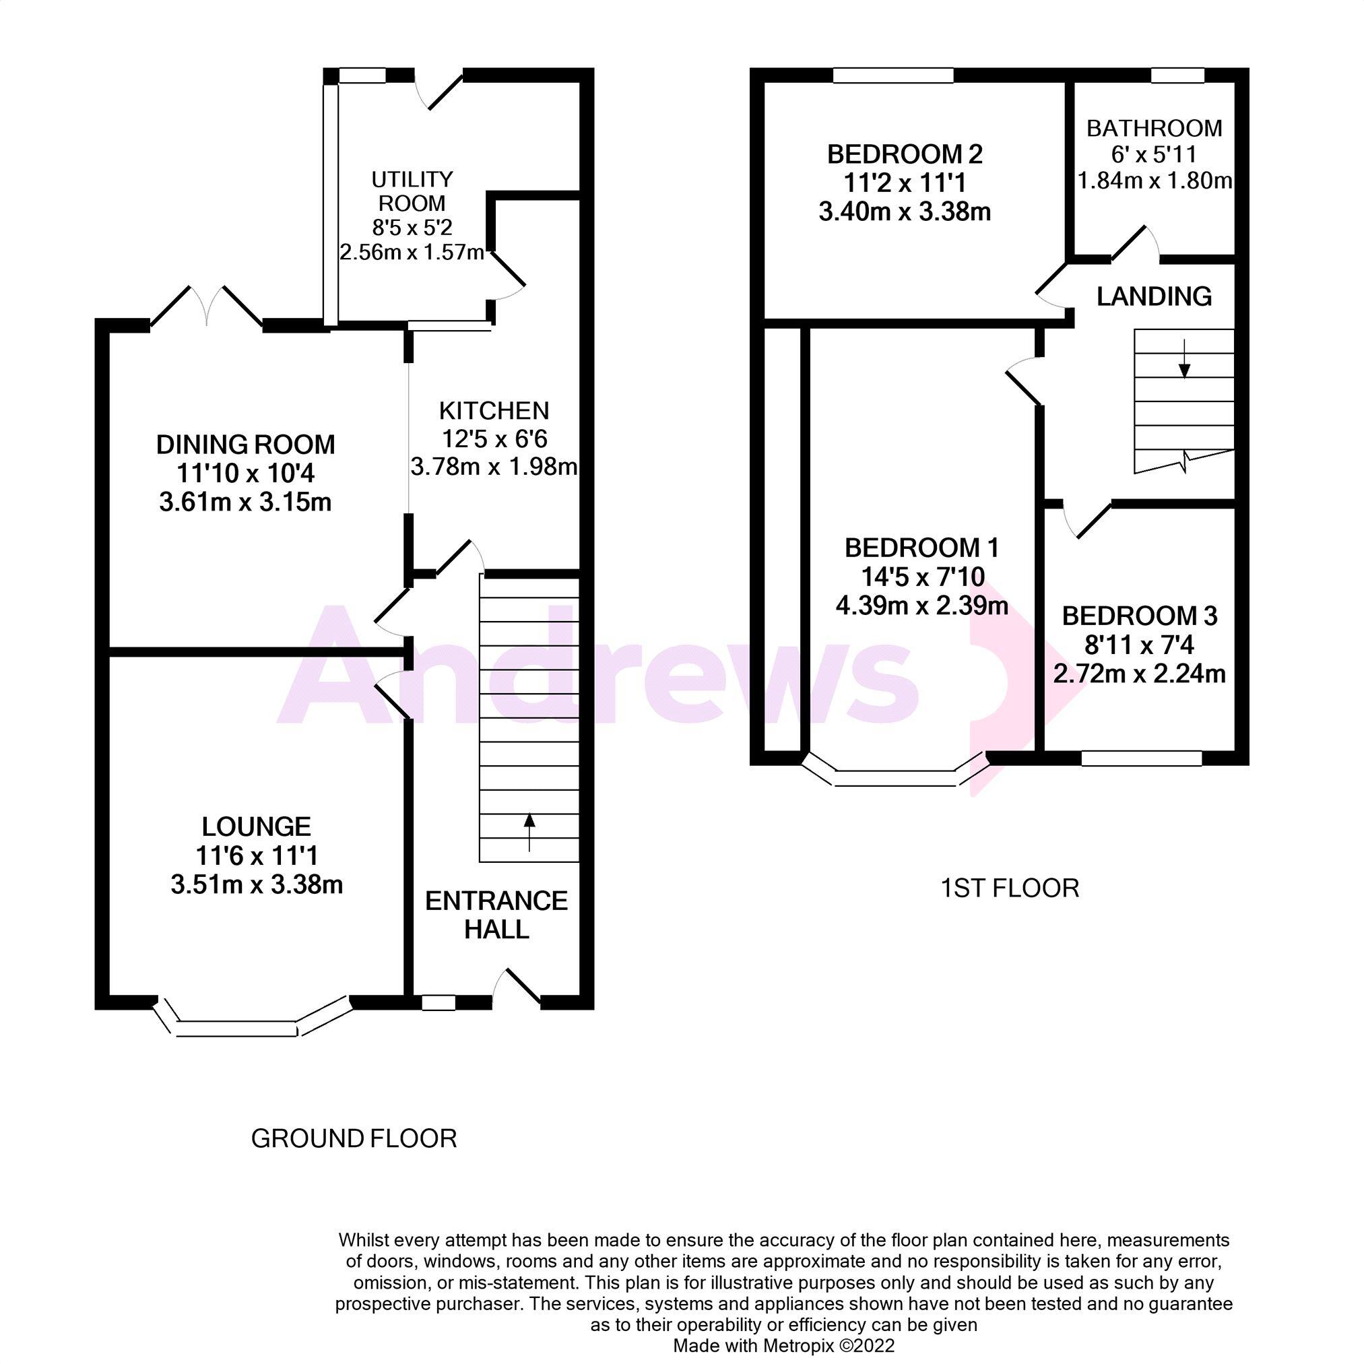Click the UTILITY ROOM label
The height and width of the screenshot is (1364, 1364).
[412, 191]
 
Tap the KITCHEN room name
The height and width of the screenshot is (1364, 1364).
[494, 411]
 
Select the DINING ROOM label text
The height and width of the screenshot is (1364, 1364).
[245, 445]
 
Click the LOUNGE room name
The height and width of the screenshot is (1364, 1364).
[256, 826]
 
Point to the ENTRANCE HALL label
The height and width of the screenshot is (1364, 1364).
[496, 915]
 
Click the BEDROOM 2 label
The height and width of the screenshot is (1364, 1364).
[905, 154]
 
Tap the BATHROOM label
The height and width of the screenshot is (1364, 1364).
[1154, 129]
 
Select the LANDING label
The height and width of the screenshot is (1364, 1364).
[1154, 296]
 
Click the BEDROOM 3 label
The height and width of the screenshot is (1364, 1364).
[1140, 616]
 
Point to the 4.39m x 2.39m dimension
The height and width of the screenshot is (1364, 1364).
[921, 606]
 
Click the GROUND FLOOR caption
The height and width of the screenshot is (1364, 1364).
[354, 1139]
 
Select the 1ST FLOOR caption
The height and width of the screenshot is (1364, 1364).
[1010, 888]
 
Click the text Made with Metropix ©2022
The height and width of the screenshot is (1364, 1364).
[783, 1346]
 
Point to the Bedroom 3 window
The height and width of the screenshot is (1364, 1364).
[1141, 758]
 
